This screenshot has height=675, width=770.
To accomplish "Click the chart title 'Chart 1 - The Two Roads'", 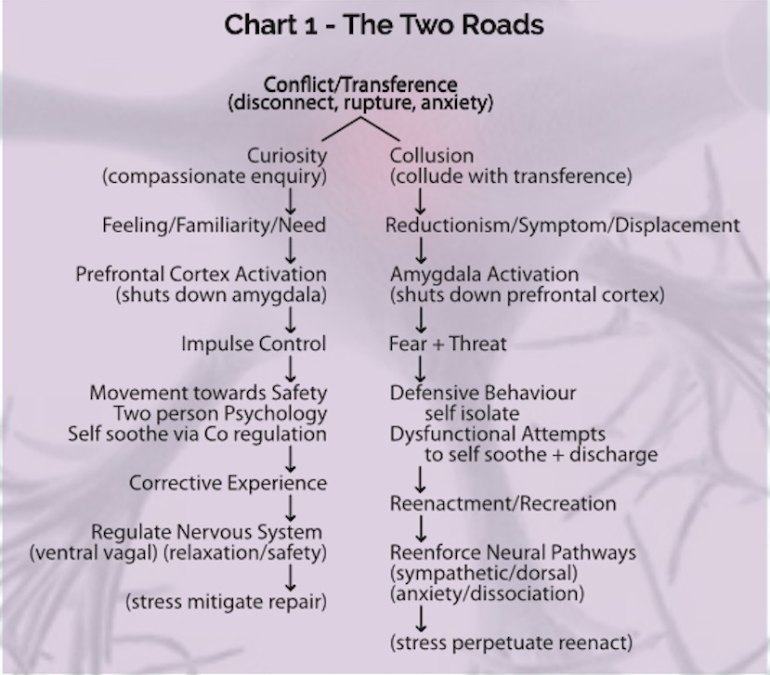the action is pos(384,24).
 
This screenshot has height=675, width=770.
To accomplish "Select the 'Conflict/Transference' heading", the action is pos(360,84).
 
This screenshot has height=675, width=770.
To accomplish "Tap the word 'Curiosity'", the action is pos(287,156).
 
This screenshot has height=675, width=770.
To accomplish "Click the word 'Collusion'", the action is pos(432,156).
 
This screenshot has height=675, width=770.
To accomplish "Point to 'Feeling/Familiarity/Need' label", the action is pos(215,226).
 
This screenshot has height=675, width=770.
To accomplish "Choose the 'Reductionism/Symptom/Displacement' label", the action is pos(563,226).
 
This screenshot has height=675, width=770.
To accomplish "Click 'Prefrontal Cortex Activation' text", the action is pos(201,274).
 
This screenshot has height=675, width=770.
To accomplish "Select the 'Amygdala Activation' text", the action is pos(484,275).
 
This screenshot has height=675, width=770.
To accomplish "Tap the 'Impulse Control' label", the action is pos(254,344).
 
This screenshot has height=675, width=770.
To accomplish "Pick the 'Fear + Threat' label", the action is pos(448,344).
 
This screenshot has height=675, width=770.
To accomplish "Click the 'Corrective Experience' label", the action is pos(228,483).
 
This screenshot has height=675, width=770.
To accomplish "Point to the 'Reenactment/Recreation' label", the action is pos(502,503).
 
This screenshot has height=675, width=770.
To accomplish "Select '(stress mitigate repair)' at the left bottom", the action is pos(226,602).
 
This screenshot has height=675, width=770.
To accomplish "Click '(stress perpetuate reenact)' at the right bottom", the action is pos(511,643).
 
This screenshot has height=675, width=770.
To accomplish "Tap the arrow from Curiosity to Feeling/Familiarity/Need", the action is pos(290,201).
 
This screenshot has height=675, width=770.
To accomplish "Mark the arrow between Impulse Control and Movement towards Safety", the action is pos(290,370).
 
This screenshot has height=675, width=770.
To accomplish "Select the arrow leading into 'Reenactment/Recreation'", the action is pos(421,480).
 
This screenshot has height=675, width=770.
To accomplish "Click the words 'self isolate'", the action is pos(472,413).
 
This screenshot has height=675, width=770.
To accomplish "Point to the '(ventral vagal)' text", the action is pos(94,553).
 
